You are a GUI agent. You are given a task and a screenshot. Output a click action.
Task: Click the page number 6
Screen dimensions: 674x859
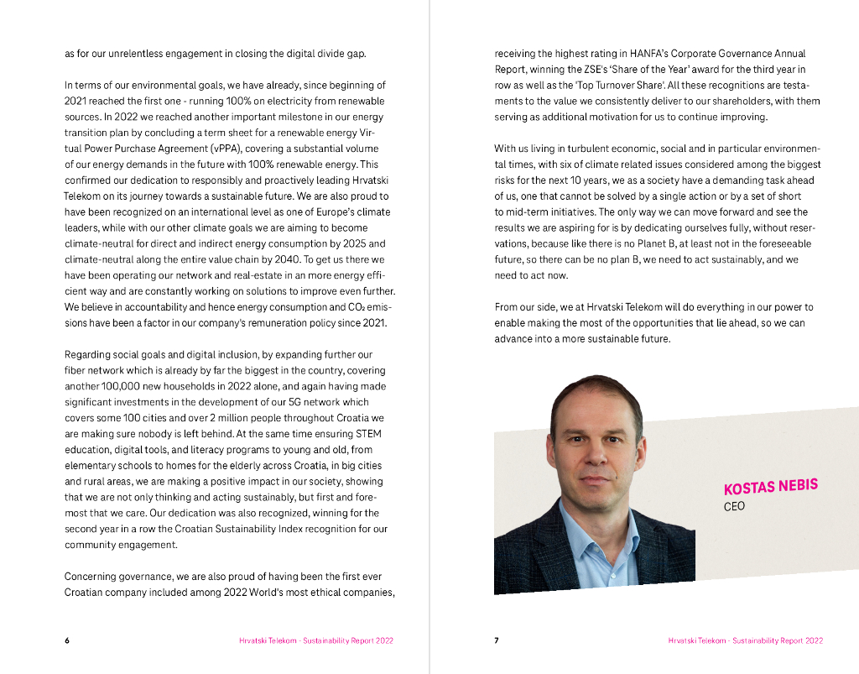tap(67, 640)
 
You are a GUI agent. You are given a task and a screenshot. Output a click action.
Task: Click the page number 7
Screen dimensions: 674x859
tap(496, 640)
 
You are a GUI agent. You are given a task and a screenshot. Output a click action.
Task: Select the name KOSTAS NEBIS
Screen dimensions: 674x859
tap(770, 487)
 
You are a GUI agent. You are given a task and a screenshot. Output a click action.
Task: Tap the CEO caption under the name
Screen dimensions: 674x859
tap(734, 507)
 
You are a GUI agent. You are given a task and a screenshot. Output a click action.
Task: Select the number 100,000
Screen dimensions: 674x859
tap(122, 386)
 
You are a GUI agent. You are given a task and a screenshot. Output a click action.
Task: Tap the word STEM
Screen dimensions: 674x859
tap(368, 434)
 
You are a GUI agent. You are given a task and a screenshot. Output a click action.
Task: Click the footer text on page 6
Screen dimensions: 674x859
tap(315, 640)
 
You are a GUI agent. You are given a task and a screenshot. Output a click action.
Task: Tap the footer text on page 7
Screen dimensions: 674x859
tap(745, 640)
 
